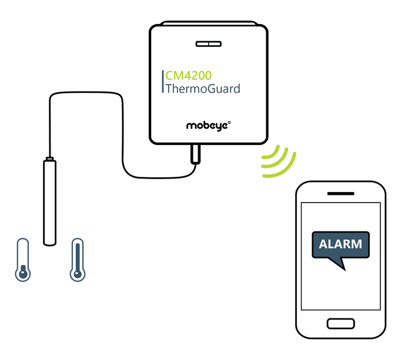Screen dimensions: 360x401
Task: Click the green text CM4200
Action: pyautogui.click(x=188, y=76)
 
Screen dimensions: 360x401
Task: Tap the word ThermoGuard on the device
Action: pyautogui.click(x=203, y=89)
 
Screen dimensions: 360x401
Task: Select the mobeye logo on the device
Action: pyautogui.click(x=208, y=125)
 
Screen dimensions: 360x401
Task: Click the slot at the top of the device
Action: pyautogui.click(x=208, y=44)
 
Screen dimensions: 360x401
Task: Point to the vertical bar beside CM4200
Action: pyautogui.click(x=162, y=82)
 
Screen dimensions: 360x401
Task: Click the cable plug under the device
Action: pyautogui.click(x=194, y=154)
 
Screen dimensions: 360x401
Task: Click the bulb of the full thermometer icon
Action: pyautogui.click(x=76, y=274)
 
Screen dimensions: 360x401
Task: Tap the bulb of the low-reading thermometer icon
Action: pyautogui.click(x=22, y=274)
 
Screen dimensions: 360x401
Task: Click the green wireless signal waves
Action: pyautogui.click(x=277, y=162)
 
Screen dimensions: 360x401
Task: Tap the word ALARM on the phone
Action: pyautogui.click(x=340, y=243)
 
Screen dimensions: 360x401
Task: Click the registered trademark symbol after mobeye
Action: pyautogui.click(x=229, y=122)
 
